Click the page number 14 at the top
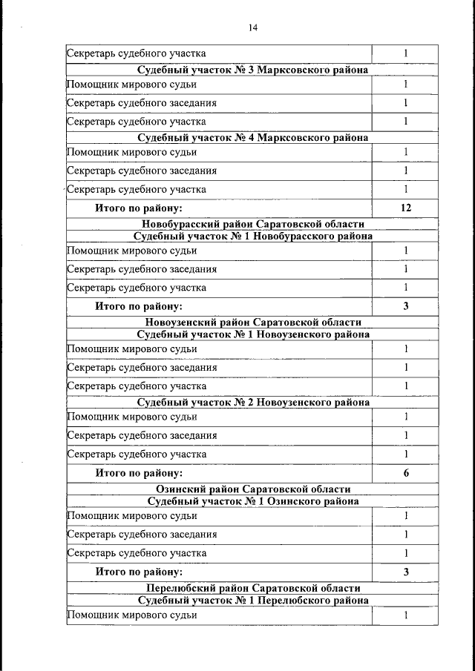[253, 28]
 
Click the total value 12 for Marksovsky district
[406, 208]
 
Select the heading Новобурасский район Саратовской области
[253, 224]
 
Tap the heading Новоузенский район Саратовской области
[253, 323]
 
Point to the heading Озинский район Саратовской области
[253, 489]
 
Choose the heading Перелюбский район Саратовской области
[253, 589]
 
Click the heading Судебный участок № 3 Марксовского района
[253, 70]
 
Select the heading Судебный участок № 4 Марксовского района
[253, 138]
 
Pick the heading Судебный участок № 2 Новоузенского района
[253, 403]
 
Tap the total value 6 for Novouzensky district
[406, 473]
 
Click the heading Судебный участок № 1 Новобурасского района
[253, 236]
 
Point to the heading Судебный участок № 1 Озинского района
[253, 501]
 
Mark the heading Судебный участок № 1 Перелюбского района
[253, 601]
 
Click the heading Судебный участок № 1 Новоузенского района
[253, 335]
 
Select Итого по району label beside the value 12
[139, 208]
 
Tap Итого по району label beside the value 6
[139, 473]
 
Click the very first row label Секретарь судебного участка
[137, 53]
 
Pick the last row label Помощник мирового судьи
[132, 615]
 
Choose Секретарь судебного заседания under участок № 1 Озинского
[142, 535]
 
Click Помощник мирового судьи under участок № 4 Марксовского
[132, 153]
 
